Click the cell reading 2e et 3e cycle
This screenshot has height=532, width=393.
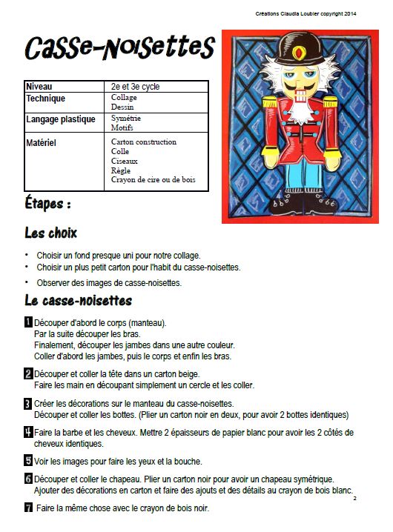[136, 87]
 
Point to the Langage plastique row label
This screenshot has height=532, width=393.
[61, 119]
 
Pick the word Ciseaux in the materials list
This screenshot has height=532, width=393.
[124, 161]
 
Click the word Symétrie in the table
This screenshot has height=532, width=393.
[126, 118]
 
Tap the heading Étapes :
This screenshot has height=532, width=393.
[48, 203]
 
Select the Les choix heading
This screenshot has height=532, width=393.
[50, 233]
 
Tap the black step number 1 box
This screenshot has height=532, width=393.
[28, 322]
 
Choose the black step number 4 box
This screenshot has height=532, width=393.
[28, 431]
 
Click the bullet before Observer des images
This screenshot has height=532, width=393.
[27, 282]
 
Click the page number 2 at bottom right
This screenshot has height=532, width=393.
[355, 499]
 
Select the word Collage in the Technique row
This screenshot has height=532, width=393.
[124, 98]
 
